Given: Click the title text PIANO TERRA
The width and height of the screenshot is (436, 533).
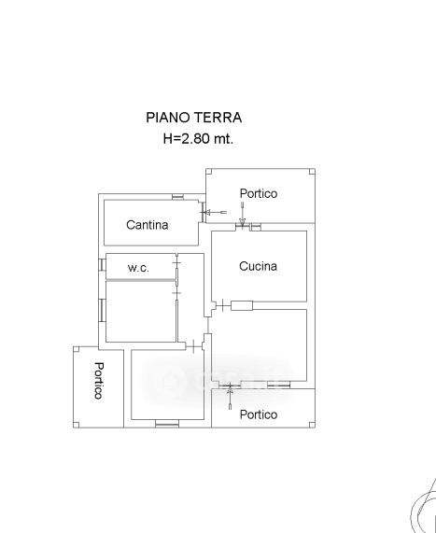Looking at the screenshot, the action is [194, 118].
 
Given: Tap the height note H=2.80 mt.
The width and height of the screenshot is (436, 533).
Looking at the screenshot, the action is [198, 139].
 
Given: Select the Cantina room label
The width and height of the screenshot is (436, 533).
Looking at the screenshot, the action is [148, 225].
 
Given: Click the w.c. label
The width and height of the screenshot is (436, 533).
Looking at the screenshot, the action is [138, 268].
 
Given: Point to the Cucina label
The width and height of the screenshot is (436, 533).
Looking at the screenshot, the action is [258, 266].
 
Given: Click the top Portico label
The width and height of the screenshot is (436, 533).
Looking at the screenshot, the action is [259, 193].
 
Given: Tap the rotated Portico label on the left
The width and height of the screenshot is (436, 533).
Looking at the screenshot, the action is [99, 380].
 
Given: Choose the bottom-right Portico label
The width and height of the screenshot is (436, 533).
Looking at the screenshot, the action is [259, 414].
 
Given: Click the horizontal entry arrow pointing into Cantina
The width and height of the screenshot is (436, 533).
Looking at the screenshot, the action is [216, 213].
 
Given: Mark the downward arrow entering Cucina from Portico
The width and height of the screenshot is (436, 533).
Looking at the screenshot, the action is [242, 214].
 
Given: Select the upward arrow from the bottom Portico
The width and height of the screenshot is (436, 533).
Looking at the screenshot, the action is [231, 397].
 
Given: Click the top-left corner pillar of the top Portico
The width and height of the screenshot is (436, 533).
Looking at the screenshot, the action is [209, 172].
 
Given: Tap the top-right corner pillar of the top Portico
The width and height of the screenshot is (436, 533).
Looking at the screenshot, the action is [312, 172].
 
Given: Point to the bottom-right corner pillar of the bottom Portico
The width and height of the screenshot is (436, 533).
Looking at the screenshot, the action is [312, 425].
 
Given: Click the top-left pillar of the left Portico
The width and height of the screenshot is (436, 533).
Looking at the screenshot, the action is [77, 349].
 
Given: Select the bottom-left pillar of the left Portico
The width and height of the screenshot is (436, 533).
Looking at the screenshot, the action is [77, 425].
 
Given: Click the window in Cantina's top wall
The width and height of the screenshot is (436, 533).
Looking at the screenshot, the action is [177, 197].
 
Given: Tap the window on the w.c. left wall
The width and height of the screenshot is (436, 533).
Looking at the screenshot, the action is [102, 265].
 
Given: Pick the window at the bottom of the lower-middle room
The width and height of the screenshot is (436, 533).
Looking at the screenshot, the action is [167, 424].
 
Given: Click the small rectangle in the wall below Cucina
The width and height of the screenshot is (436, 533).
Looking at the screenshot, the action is [242, 305].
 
